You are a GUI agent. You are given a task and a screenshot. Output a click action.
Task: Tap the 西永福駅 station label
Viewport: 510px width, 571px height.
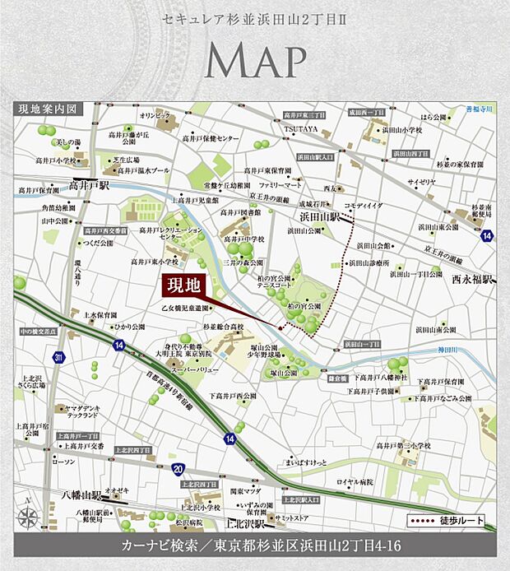point(471,280)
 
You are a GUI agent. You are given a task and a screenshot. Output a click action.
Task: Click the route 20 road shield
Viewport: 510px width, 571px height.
point(178,468)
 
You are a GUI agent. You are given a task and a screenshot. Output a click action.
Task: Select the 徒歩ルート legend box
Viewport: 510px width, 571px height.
point(446,521)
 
